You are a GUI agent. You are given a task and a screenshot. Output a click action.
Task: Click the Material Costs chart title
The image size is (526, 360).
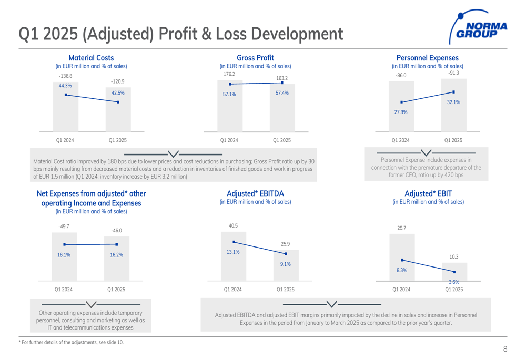(x=92, y=58)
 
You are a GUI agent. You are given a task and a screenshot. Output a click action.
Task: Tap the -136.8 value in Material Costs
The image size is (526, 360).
(x=65, y=76)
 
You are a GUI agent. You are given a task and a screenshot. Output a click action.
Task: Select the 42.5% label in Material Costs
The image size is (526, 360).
(x=117, y=92)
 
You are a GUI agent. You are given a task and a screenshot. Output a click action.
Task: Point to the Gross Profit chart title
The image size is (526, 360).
(x=255, y=58)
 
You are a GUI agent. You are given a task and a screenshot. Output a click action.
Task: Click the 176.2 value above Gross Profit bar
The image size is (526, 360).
(x=230, y=74)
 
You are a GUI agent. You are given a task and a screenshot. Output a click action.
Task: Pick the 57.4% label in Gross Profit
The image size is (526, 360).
(x=282, y=92)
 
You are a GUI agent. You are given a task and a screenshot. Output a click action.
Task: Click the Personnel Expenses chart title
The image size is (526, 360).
(x=427, y=58)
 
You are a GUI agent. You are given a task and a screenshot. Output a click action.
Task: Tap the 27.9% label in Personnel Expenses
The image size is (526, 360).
(x=401, y=112)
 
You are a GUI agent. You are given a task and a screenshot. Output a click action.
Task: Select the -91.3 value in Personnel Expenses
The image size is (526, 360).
(x=453, y=73)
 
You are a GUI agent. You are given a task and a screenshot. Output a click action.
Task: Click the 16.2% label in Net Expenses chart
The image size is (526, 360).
(x=116, y=255)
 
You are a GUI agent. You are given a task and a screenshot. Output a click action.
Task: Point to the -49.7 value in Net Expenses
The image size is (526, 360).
(x=64, y=227)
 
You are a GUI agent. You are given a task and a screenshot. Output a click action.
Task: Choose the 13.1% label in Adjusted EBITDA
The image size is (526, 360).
(x=232, y=252)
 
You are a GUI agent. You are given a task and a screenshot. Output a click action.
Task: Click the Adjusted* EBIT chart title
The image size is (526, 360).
(x=428, y=193)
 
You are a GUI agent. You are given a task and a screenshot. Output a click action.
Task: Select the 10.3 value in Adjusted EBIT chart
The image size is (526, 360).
(x=454, y=256)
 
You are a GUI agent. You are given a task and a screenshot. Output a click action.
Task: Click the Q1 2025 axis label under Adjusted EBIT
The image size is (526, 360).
(x=454, y=289)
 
